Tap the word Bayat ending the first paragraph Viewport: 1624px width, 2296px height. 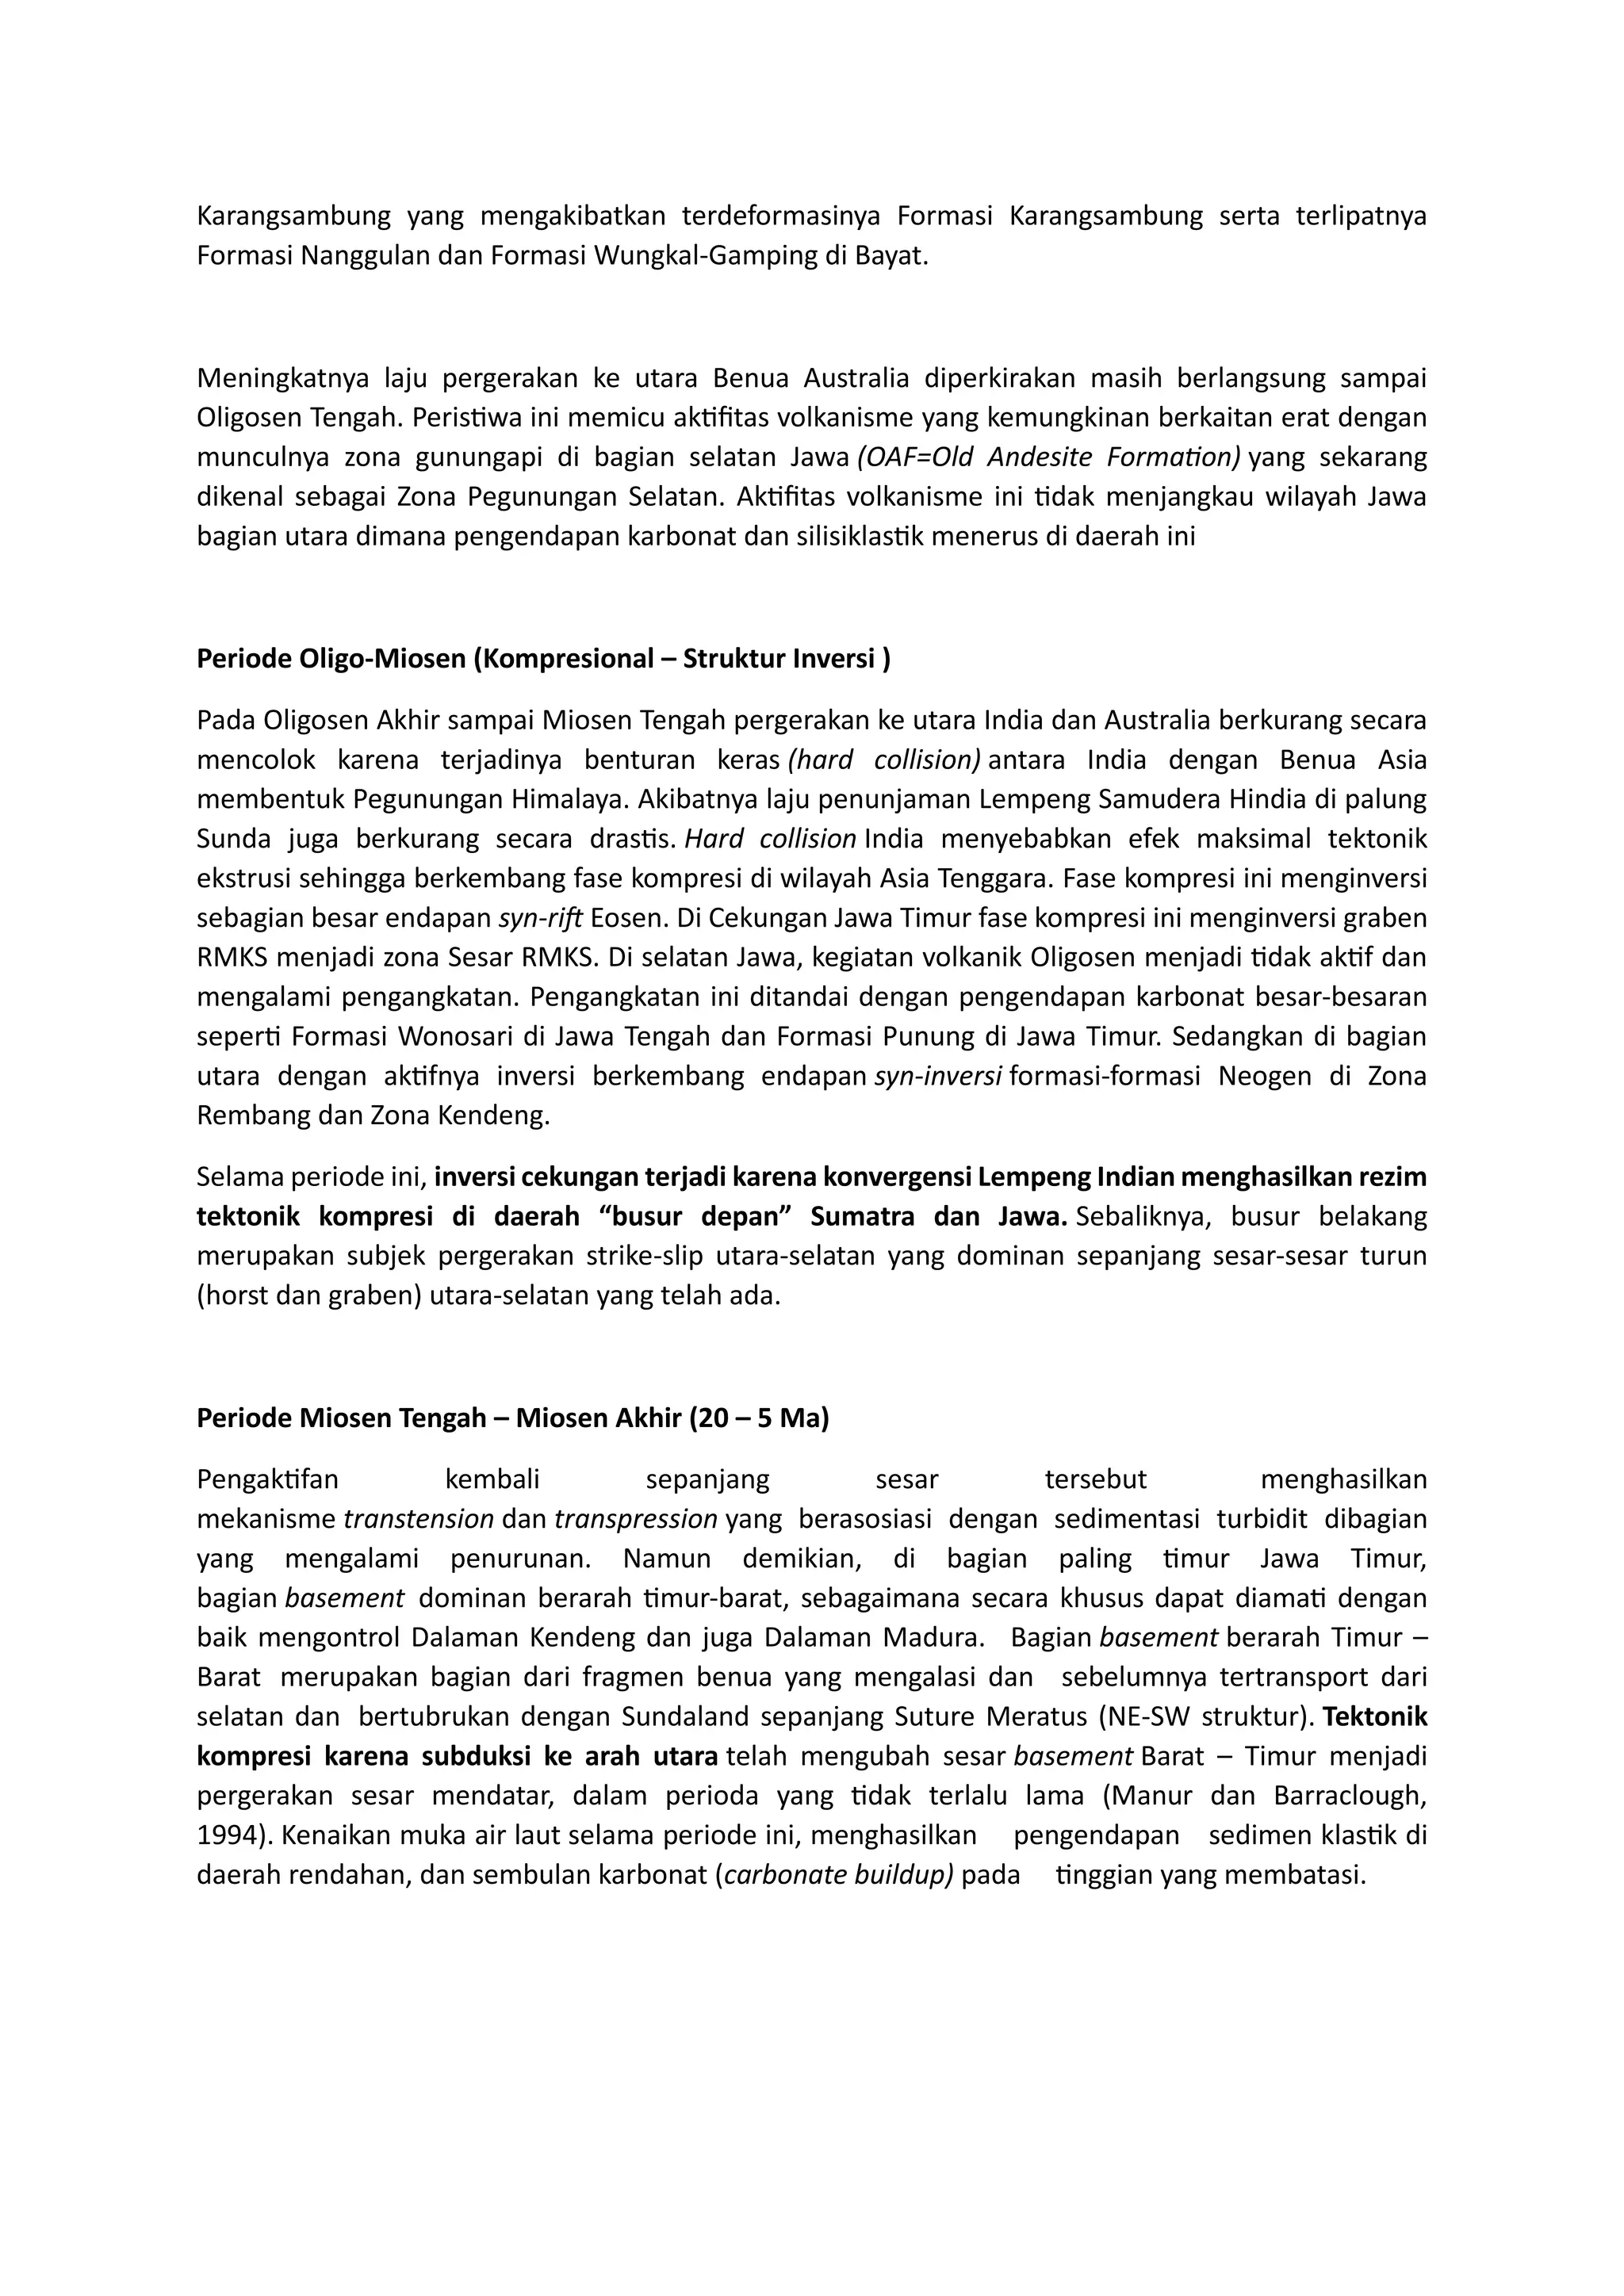[896, 256]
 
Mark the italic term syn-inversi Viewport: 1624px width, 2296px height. [938, 1076]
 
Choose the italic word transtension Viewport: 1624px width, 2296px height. [418, 1518]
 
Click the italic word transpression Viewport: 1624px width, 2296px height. [635, 1518]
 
